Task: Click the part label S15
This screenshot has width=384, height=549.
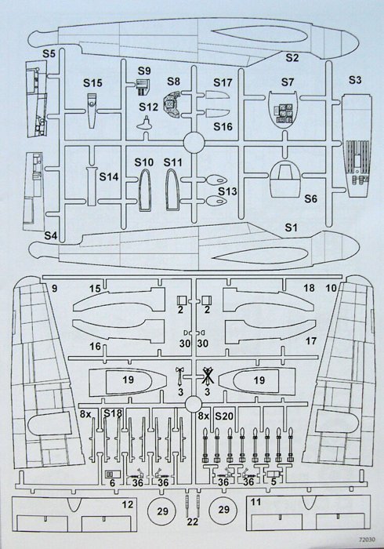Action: click(x=92, y=83)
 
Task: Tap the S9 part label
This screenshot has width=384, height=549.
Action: click(x=144, y=71)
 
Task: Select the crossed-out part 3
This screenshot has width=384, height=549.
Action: click(x=208, y=376)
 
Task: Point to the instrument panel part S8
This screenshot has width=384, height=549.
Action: click(x=172, y=104)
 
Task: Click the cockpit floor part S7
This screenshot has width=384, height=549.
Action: click(x=283, y=109)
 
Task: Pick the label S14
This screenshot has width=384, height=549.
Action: click(x=109, y=176)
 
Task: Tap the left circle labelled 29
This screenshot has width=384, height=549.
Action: click(x=163, y=511)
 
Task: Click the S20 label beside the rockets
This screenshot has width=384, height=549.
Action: click(x=224, y=416)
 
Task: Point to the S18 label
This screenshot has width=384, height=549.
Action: click(x=113, y=413)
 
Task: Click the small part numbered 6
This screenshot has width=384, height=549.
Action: click(x=113, y=474)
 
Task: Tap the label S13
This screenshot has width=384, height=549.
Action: click(x=228, y=191)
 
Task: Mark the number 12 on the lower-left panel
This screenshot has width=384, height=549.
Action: click(x=128, y=504)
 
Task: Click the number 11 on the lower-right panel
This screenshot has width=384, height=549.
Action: click(x=255, y=502)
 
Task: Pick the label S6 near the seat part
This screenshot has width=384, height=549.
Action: click(x=310, y=199)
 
